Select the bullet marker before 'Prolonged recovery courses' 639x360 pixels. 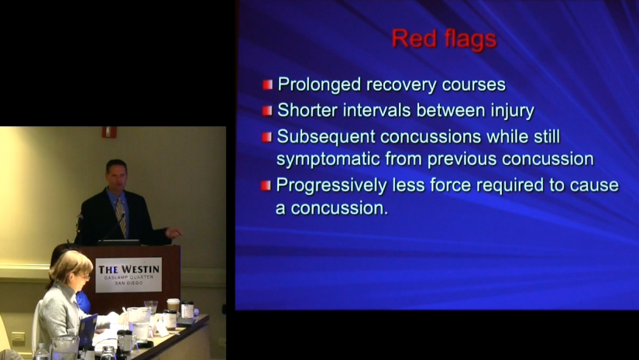tap(267, 84)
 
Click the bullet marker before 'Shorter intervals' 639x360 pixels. tap(267, 111)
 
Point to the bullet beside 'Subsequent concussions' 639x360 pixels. tap(267, 137)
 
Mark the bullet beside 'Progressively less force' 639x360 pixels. tap(266, 186)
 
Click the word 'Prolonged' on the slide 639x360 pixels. tap(319, 85)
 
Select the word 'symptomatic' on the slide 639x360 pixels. tap(328, 159)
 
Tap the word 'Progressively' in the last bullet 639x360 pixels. tap(331, 186)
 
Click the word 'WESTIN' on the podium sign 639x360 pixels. tap(140, 269)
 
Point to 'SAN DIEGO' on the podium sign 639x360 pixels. tap(129, 283)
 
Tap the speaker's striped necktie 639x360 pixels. tap(121, 217)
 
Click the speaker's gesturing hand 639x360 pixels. tap(173, 232)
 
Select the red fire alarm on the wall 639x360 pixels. tap(109, 132)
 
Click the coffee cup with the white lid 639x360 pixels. tap(173, 304)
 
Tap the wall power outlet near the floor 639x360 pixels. tap(18, 336)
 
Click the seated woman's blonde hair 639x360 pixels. tap(70, 265)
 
